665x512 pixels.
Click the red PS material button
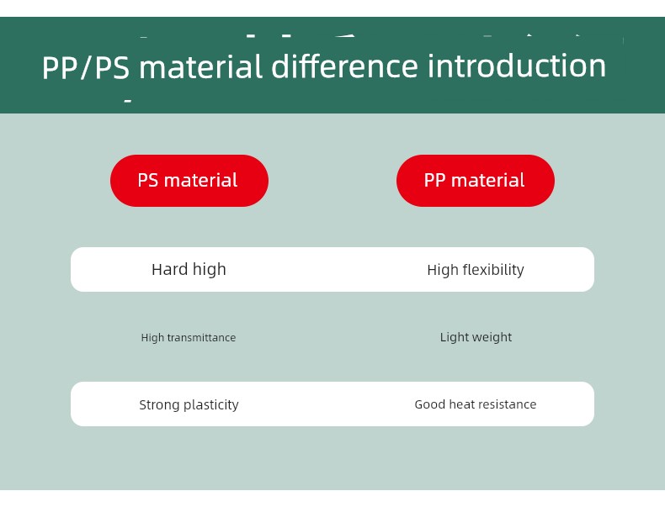pos(189,181)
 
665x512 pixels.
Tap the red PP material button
pos(476,181)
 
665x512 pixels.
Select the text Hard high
pos(189,269)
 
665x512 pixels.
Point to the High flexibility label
pos(476,270)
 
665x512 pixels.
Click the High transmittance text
pos(189,337)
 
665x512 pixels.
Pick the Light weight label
pos(476,337)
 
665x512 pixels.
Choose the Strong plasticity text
pos(189,405)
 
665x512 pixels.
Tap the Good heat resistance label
pos(476,404)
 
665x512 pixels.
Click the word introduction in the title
pos(517,66)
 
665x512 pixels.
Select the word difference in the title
pos(344,66)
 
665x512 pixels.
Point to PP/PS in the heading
pos(85,68)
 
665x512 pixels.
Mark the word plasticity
pos(210,405)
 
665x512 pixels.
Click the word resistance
pos(512,404)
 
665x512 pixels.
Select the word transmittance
pos(201,337)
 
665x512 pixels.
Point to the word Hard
pos(170,269)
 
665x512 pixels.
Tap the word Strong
pos(159,405)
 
